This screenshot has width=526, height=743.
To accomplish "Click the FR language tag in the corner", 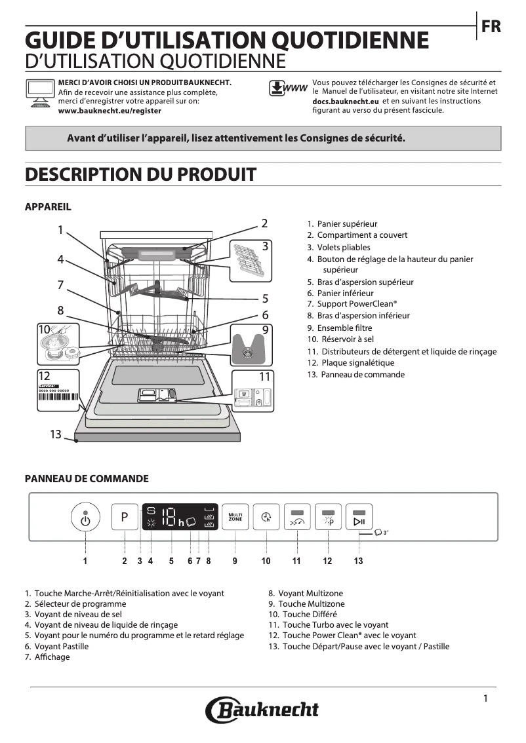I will pyautogui.click(x=491, y=27).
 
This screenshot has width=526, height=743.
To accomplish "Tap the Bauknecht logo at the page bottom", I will pyautogui.click(x=262, y=710).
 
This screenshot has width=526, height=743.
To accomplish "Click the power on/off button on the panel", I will pyautogui.click(x=85, y=518).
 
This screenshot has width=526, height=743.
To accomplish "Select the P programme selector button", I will pyautogui.click(x=125, y=517).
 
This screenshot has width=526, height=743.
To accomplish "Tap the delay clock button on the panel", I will pyautogui.click(x=266, y=517).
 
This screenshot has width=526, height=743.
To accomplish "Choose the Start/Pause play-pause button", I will pyautogui.click(x=359, y=518).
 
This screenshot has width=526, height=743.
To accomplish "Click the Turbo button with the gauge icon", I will pyautogui.click(x=297, y=518).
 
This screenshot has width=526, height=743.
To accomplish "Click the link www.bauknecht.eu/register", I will pyautogui.click(x=110, y=111).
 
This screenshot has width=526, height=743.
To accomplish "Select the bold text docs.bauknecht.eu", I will pyautogui.click(x=346, y=102).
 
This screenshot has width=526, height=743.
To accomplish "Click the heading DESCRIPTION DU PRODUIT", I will pyautogui.click(x=140, y=175).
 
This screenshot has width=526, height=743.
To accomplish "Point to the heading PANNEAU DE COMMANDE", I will pyautogui.click(x=87, y=479).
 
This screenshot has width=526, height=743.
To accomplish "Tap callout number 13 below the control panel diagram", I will pyautogui.click(x=358, y=561).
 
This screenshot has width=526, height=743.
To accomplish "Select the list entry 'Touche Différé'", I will pyautogui.click(x=310, y=615).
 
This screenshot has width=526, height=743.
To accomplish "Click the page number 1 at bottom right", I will pyautogui.click(x=485, y=698).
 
